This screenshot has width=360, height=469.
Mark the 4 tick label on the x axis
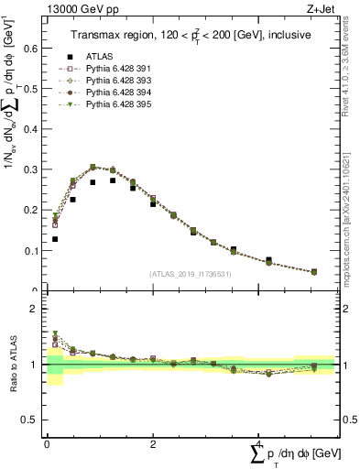point(258,444)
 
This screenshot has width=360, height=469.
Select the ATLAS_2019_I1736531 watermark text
point(191,274)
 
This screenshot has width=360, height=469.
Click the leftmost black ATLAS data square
point(55,239)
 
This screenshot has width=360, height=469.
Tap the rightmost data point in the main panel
point(314,272)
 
